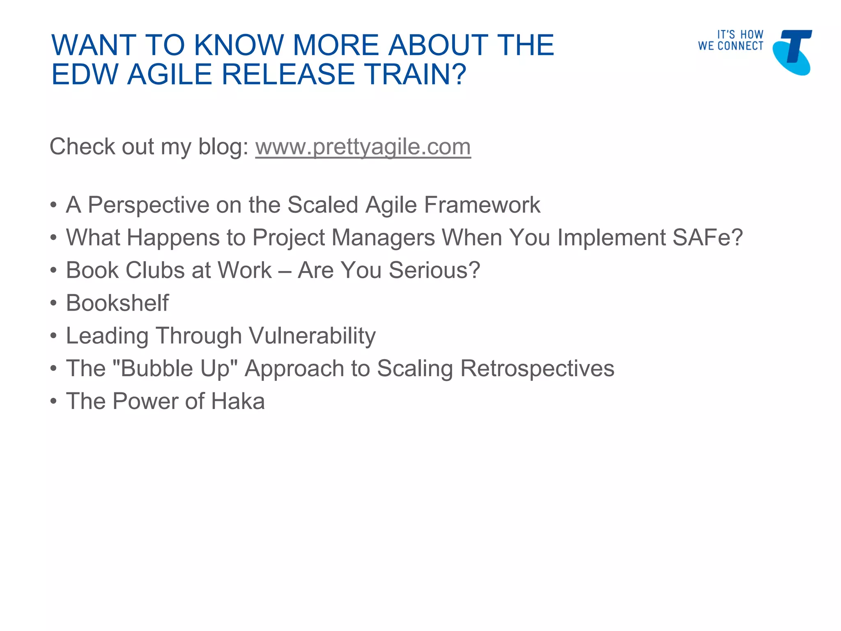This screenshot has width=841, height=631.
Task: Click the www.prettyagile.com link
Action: click(363, 147)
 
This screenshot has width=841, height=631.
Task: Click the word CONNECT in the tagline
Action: click(740, 46)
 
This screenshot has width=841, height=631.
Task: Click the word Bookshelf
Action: click(117, 303)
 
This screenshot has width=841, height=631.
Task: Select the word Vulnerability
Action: click(312, 336)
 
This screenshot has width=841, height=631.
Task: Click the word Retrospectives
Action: click(537, 368)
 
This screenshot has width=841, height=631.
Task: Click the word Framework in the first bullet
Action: click(482, 205)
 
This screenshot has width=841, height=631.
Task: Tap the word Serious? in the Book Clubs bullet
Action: click(434, 270)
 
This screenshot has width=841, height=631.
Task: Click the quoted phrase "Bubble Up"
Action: click(175, 368)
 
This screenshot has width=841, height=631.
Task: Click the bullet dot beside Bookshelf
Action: click(53, 304)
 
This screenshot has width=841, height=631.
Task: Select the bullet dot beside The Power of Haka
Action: click(53, 402)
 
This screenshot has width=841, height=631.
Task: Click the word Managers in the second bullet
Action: click(383, 238)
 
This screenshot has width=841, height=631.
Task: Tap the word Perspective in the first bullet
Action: click(149, 205)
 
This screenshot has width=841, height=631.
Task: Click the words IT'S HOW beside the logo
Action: click(740, 35)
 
